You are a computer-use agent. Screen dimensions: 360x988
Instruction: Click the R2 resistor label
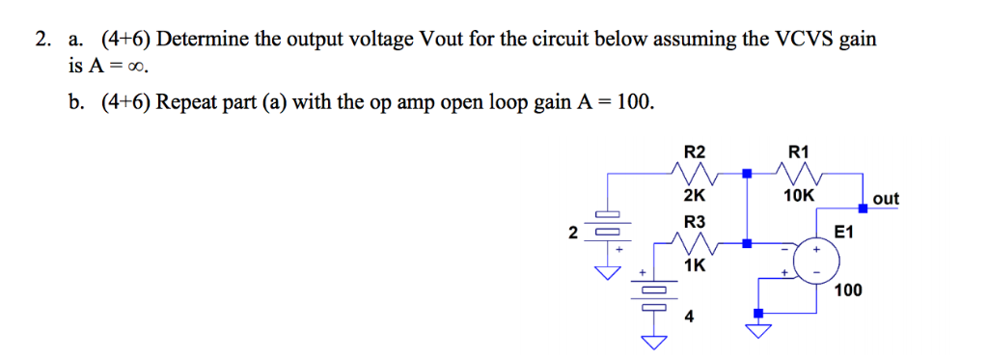[x=694, y=152]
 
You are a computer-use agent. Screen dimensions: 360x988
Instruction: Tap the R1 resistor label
[x=799, y=152]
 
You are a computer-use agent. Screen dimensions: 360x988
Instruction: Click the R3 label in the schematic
[x=694, y=222]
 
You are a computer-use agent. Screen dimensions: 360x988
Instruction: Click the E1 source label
[x=843, y=233]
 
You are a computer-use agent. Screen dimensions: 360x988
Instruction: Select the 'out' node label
[x=885, y=199]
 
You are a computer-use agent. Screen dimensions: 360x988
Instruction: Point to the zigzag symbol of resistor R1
[x=799, y=174]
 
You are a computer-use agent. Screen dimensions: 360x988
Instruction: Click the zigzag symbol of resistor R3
[x=694, y=244]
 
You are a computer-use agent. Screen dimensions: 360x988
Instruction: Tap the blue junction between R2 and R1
[x=746, y=175]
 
